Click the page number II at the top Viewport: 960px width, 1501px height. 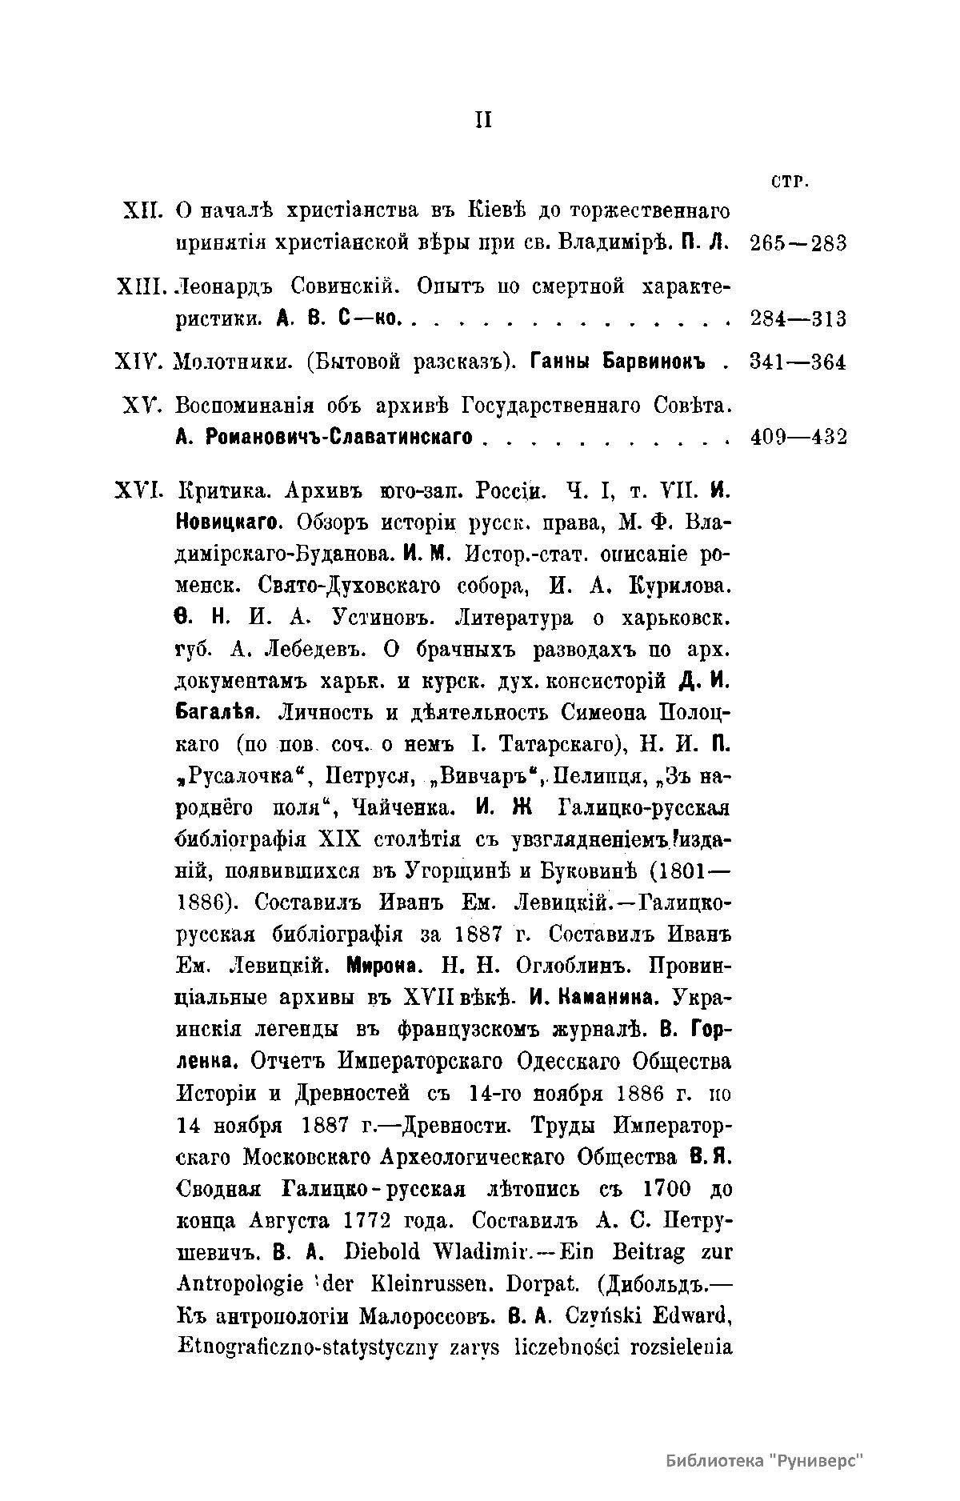coord(483,120)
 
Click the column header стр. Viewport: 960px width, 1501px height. coord(790,182)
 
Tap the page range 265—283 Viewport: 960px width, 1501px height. coord(799,243)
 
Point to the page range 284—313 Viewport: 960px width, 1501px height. coord(799,318)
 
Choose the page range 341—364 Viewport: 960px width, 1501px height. coord(799,362)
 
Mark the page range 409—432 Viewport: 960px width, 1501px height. coord(799,438)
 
